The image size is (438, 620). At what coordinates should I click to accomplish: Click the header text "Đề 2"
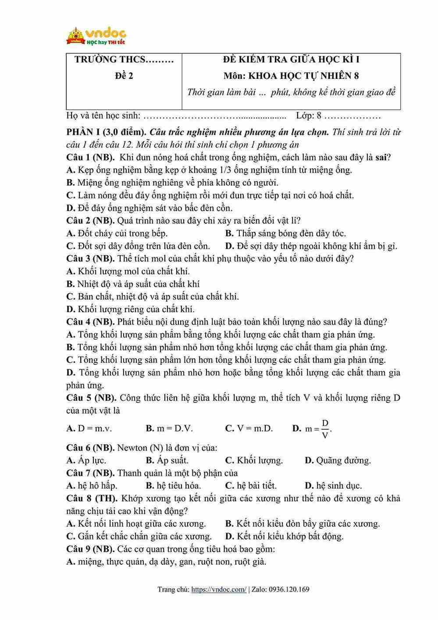pos(124,76)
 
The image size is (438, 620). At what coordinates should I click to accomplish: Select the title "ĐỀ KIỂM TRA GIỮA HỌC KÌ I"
pos(291,60)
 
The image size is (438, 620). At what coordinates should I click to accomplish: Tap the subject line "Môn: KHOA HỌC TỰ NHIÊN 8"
pos(291,76)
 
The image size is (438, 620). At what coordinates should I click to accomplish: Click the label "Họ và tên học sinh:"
pos(103,116)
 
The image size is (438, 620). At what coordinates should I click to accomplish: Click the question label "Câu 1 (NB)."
pos(91,157)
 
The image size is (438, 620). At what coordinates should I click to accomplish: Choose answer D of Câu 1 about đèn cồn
pos(150,208)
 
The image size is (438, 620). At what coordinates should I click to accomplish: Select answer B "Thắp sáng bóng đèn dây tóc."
pos(285,233)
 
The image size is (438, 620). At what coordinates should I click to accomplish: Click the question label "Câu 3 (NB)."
pos(91,259)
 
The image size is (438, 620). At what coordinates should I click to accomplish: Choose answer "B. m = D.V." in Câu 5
pos(169,428)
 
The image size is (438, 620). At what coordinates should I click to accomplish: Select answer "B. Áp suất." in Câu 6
pos(167,460)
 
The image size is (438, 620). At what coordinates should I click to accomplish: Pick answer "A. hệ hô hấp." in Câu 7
pos(92,486)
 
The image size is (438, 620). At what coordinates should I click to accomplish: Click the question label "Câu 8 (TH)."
pos(92,499)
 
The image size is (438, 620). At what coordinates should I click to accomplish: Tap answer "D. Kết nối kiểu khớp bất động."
pos(284,536)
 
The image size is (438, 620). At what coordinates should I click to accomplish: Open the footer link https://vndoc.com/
pos(219,589)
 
